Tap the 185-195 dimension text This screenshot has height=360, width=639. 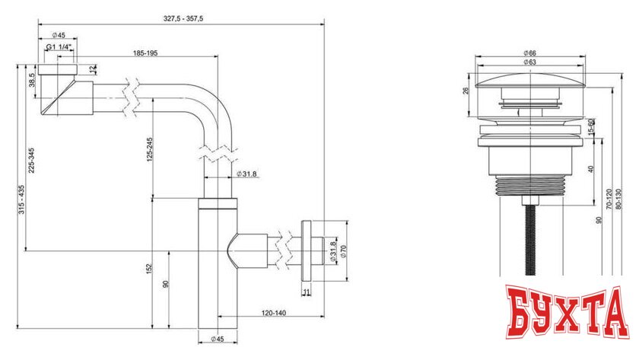tap(145, 55)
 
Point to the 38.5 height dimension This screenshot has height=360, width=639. tap(32, 79)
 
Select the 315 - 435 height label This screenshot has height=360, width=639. tap(21, 199)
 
